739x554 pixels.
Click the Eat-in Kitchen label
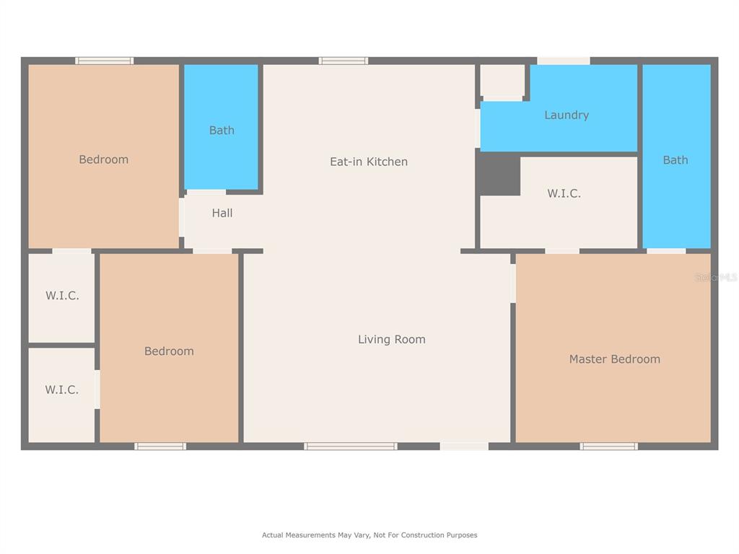tap(369, 162)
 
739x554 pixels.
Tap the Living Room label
tap(392, 339)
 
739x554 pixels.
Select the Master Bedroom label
tap(615, 359)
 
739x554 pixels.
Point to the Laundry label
tap(567, 115)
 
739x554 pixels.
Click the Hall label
tap(222, 213)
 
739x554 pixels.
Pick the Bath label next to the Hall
tap(222, 130)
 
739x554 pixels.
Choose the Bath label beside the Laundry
tap(675, 160)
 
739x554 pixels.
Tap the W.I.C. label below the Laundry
tap(564, 193)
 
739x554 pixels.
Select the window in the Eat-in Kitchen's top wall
tap(343, 61)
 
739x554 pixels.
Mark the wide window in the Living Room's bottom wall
tap(350, 446)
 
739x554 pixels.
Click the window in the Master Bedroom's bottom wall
tap(608, 446)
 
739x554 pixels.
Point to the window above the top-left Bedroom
tap(104, 61)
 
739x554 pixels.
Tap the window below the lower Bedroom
tap(160, 446)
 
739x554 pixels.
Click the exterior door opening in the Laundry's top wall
tap(563, 61)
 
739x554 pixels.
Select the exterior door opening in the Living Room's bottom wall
tap(464, 446)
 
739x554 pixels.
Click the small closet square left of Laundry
tap(502, 80)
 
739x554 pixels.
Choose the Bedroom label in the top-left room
tap(104, 159)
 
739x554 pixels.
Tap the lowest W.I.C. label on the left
tap(62, 390)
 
